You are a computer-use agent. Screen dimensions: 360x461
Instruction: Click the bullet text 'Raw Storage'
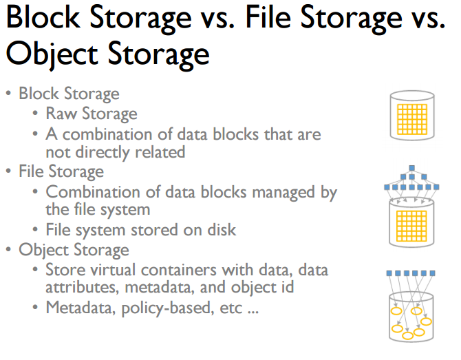[x=92, y=114]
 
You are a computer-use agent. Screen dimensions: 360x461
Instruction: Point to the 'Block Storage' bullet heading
[x=69, y=94]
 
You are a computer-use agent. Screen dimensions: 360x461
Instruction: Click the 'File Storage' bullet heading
[x=61, y=171]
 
